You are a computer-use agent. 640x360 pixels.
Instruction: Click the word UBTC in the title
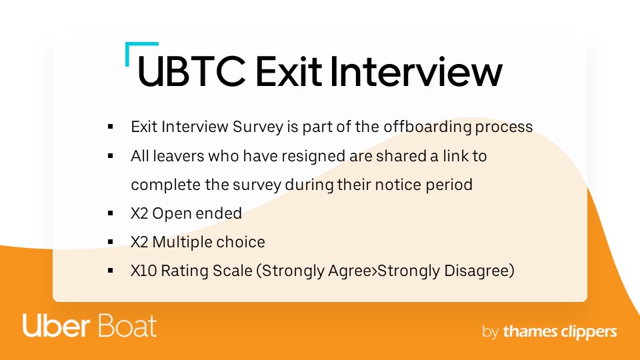coord(192,71)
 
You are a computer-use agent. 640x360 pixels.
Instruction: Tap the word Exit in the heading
coord(289,71)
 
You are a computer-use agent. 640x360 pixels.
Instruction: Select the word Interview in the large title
coord(416,71)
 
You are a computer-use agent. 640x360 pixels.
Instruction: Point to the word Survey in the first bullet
coord(258,127)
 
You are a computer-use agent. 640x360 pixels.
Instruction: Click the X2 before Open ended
coord(139,213)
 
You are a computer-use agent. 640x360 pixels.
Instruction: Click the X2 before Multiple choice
coord(139,242)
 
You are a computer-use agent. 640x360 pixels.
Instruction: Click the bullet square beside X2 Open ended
coord(110,213)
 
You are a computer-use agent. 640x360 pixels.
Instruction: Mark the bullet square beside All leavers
coord(110,155)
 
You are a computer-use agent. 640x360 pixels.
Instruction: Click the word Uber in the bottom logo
coord(56,326)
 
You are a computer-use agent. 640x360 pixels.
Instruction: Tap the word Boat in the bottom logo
coord(127,326)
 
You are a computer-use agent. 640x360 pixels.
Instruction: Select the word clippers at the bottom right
coord(589,332)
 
